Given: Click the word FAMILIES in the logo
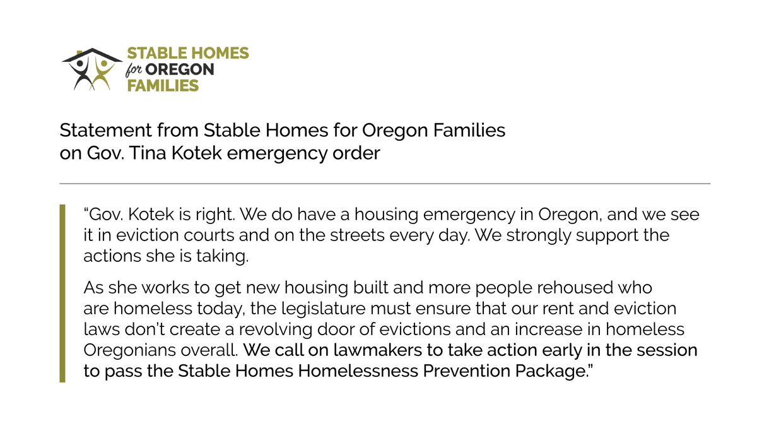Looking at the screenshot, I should [x=163, y=85].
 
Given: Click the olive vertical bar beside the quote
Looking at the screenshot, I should [x=62, y=293].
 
